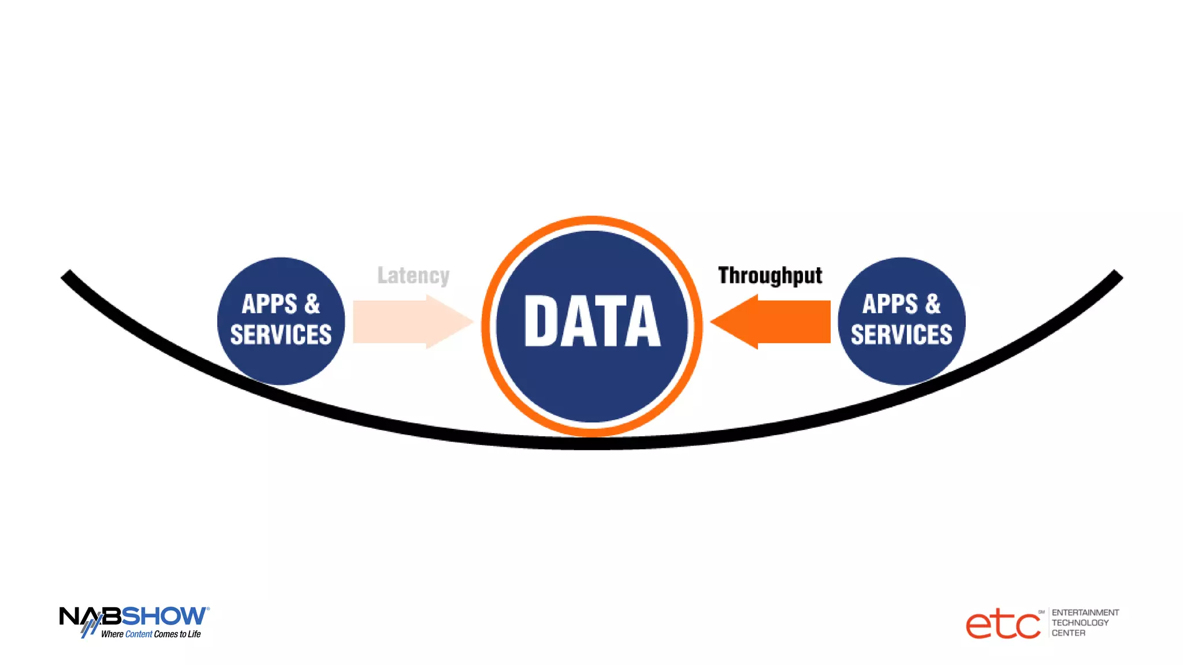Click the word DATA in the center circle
591,321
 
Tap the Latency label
413,275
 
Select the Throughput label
770,275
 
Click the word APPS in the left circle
269,304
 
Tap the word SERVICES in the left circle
281,335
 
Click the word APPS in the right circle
890,304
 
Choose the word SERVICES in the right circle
901,335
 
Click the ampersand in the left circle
312,304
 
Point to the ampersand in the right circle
932,304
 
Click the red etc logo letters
1003,625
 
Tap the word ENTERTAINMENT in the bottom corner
1085,612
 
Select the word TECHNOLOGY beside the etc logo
1080,623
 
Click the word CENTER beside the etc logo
1068,633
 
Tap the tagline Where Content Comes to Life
151,634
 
